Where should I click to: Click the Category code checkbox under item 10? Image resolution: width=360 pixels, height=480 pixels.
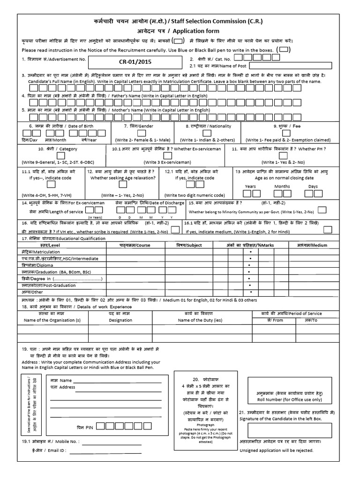tap(60, 155)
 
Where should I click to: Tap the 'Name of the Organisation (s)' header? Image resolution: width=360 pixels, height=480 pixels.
tap(52, 320)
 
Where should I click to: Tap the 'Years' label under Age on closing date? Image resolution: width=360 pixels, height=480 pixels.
tap(250, 187)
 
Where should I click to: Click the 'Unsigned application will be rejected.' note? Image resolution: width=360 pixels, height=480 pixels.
tap(277, 450)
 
